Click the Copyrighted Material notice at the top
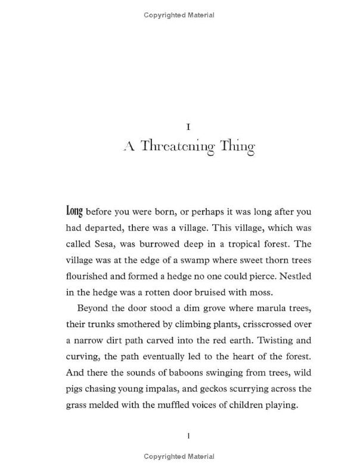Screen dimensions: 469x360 tap(179, 17)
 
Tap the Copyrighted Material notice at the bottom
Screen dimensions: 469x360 tap(179, 458)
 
